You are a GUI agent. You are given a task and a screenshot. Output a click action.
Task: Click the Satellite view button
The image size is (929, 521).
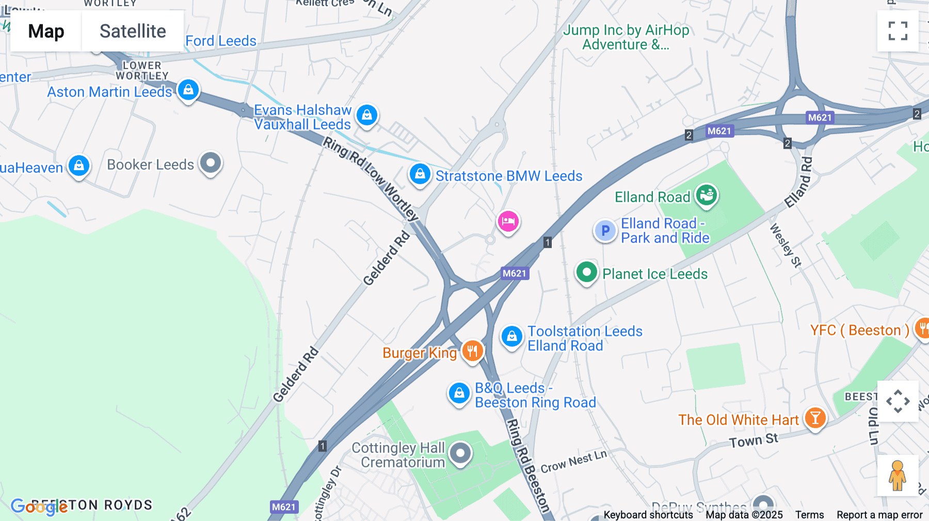click(133, 31)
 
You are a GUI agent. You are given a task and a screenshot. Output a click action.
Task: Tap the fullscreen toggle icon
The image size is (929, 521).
click(898, 31)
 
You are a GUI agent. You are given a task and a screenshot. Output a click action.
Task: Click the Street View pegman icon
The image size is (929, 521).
click(898, 476)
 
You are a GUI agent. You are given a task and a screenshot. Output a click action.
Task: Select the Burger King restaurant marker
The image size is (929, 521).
click(472, 351)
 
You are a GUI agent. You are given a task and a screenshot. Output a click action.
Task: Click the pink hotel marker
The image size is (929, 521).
click(508, 222)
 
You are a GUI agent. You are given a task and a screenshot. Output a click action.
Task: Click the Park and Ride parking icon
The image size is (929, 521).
click(605, 231)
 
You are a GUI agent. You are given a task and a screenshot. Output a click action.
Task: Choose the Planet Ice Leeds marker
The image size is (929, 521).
click(586, 272)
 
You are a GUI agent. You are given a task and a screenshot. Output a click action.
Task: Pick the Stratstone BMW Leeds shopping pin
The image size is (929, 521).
click(420, 174)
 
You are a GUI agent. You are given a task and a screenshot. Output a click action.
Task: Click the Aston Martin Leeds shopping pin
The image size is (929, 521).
click(188, 90)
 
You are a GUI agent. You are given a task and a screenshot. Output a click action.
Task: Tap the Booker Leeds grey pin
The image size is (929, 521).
click(211, 163)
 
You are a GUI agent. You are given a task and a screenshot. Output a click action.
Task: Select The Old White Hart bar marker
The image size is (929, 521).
click(815, 418)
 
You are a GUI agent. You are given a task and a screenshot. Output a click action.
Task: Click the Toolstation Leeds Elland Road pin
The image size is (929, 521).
click(511, 337)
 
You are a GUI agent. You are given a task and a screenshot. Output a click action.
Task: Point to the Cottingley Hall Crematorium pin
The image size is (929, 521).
click(460, 453)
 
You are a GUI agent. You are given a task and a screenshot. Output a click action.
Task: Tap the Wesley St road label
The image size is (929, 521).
click(786, 246)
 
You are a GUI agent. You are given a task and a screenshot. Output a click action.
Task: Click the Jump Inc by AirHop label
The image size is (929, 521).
click(626, 37)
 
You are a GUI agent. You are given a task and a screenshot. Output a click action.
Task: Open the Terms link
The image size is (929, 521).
click(809, 515)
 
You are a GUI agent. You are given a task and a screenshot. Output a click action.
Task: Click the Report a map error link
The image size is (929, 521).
click(879, 515)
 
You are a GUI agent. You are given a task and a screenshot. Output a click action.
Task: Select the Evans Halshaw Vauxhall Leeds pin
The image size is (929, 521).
click(367, 116)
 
